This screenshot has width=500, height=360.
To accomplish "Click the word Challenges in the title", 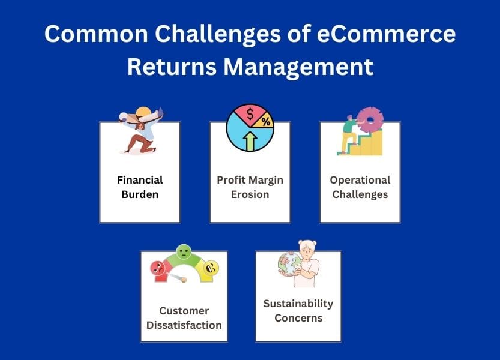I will pos(197,34).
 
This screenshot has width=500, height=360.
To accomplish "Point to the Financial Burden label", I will pos(140,187).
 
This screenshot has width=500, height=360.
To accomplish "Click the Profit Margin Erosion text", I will pos(250,187).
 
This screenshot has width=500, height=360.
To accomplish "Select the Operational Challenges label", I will pos(360,187).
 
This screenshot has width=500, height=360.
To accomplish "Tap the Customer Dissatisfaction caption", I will pos(184,318).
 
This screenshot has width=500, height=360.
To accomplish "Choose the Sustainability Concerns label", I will pos(298,310).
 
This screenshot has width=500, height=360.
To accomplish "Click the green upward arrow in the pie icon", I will pos(250,142).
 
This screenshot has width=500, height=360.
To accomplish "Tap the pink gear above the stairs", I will pos(370,121).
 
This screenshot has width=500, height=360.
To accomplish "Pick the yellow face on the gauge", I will pos(210,269).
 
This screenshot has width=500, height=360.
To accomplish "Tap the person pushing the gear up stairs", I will pos(349,133).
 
